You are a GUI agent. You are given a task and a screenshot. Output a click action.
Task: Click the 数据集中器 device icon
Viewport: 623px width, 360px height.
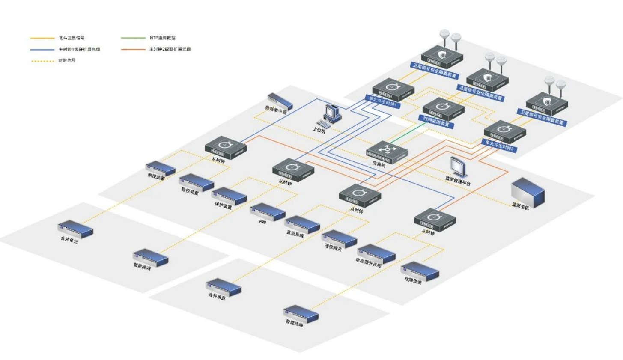[x=280, y=101]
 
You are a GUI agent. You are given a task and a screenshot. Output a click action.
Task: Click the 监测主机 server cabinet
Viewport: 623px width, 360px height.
[x=528, y=192]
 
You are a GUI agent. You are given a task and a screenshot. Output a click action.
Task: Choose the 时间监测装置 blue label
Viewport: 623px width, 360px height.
[x=436, y=122]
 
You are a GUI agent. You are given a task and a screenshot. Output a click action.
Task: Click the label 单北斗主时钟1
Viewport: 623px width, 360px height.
[x=383, y=101]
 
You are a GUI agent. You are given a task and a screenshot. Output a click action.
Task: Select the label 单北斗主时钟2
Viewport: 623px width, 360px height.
[x=499, y=145]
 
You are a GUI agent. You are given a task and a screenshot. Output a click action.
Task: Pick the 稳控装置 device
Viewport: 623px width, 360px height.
[x=196, y=182]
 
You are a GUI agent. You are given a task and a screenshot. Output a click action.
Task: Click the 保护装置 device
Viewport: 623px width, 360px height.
[x=229, y=196]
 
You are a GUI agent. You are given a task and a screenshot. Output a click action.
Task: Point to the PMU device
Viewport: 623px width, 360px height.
[x=268, y=212]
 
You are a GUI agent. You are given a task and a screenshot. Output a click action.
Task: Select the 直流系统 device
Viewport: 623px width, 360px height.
[x=302, y=224]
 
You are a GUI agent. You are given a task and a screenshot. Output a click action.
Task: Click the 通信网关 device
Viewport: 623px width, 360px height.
[x=339, y=238]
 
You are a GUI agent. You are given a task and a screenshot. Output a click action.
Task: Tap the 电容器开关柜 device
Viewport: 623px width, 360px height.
[x=376, y=253]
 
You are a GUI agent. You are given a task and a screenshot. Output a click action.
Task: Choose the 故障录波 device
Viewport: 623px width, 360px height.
[x=420, y=271]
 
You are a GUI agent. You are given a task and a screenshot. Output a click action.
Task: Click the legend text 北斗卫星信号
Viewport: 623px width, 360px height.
[x=72, y=38]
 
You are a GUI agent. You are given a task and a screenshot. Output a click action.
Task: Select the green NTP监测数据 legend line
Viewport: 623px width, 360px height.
[x=133, y=38]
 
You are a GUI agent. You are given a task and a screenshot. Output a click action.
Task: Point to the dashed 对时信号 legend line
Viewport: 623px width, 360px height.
[x=42, y=61]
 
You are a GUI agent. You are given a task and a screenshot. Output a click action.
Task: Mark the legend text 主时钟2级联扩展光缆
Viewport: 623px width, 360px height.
[x=170, y=49]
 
